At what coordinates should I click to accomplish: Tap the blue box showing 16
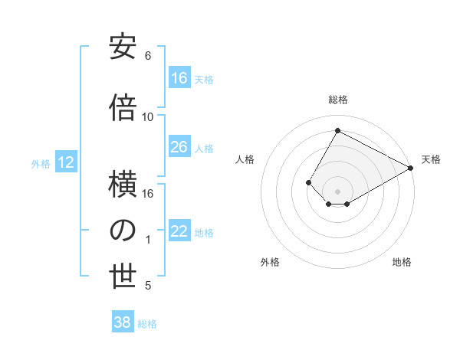179,78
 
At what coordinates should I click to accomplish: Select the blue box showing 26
179,147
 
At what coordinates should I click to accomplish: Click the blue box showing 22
179,232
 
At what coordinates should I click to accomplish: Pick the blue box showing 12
65,162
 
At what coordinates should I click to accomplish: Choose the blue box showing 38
123,322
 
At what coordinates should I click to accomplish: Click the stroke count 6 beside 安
148,56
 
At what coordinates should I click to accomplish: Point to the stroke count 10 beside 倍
148,117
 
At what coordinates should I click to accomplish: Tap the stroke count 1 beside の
148,240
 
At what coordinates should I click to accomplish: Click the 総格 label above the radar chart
337,100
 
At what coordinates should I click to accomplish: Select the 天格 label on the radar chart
431,159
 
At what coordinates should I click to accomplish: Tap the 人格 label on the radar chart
245,159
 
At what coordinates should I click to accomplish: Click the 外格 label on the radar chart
270,262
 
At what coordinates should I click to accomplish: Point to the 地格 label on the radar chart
402,262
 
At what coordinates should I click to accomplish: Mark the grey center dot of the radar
337,190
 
